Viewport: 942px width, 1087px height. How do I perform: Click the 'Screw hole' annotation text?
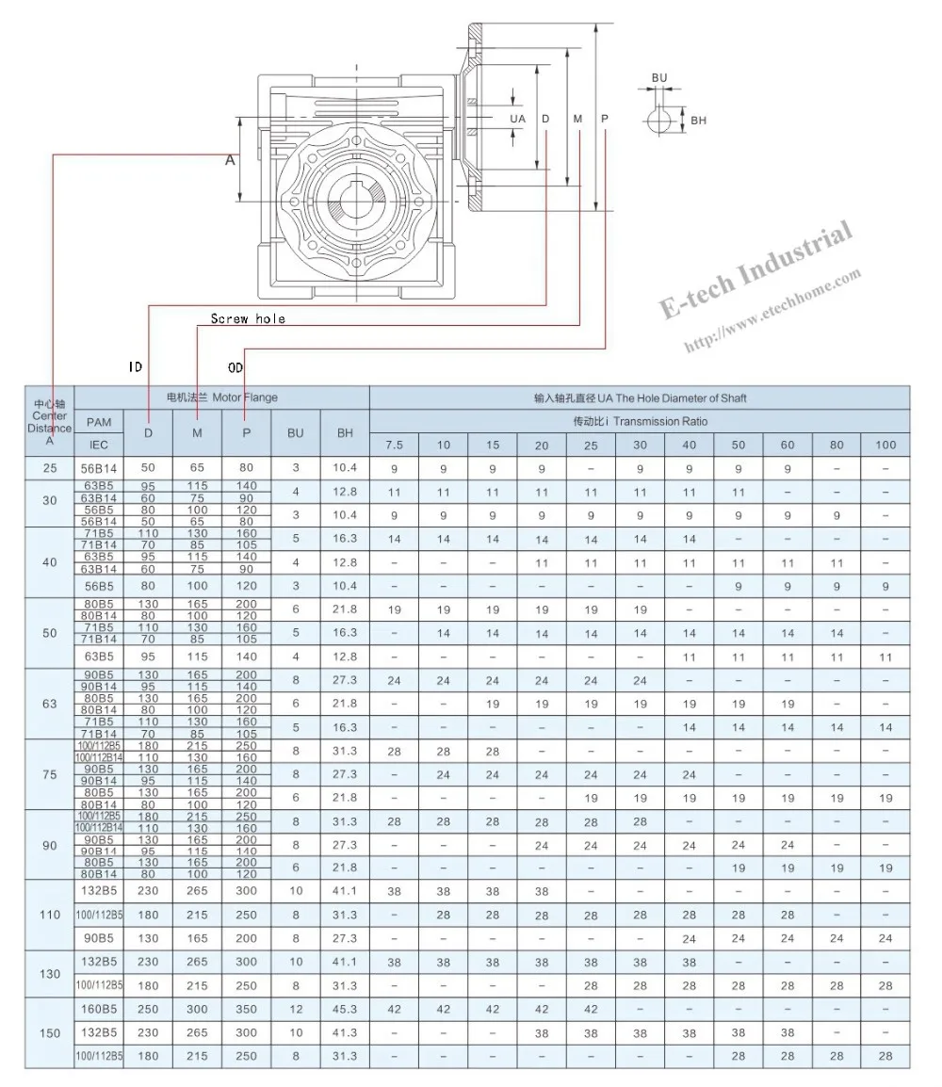coord(247,319)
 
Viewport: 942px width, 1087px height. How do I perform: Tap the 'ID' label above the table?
coord(136,367)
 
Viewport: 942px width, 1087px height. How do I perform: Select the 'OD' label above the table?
coord(236,366)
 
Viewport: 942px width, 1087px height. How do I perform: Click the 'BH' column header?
coord(345,432)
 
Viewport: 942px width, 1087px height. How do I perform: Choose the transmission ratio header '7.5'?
coord(394,445)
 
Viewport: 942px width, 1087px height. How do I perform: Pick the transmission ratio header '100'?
coord(885,445)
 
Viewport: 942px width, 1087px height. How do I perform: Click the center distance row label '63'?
coord(50,704)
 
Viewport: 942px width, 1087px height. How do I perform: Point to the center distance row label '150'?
coord(50,1033)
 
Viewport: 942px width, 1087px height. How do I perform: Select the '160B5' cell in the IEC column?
coord(99,1009)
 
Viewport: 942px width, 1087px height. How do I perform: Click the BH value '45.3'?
coord(345,1009)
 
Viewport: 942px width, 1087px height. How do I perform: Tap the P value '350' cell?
coord(246,1009)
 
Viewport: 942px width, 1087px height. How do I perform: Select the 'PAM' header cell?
coord(99,422)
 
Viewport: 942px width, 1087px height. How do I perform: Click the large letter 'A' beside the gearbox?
coord(229,161)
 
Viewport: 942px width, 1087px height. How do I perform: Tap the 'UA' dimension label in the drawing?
coord(517,120)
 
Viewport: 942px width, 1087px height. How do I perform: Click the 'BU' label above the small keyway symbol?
coord(658,77)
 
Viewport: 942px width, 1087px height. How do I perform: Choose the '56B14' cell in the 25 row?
coord(99,468)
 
